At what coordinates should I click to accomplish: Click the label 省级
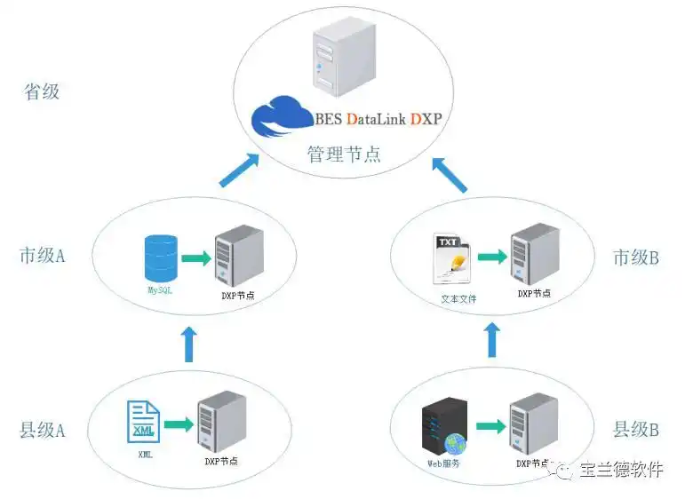tap(43, 91)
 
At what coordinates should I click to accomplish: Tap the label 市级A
tap(43, 256)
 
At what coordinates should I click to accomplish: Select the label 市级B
tap(635, 257)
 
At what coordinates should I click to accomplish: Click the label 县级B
tap(635, 430)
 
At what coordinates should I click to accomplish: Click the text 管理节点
tap(344, 154)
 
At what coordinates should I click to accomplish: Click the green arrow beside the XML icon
tap(179, 424)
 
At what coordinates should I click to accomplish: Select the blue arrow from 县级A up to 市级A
tap(188, 343)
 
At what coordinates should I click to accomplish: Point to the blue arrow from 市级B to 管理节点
tap(450, 174)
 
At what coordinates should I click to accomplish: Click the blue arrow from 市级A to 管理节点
tap(239, 170)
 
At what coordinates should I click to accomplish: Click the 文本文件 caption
tap(458, 298)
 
